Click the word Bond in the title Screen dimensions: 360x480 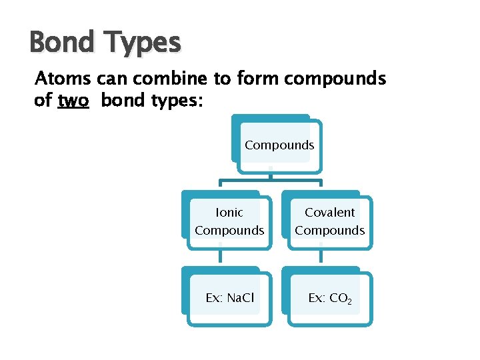(61, 43)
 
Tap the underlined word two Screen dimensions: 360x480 (73, 101)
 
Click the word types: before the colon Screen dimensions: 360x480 (178, 102)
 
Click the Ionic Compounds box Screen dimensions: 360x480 (229, 222)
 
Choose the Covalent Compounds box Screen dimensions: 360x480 (329, 222)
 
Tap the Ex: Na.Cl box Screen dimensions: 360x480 (229, 298)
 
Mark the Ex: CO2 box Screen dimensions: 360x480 (329, 298)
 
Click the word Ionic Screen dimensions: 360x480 (229, 213)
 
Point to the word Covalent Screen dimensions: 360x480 (330, 213)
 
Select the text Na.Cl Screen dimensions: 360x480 (240, 298)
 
